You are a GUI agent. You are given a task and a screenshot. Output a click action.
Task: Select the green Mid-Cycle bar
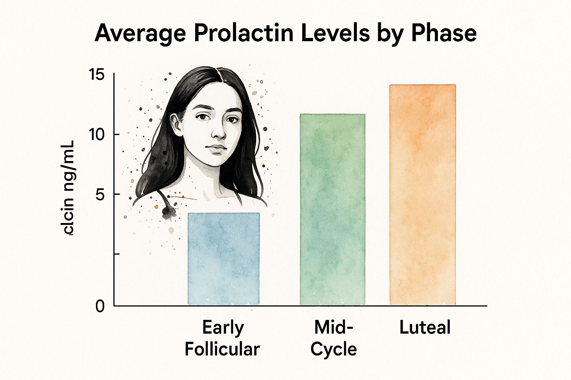[332, 209]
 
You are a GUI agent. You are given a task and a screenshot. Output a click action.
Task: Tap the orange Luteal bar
[423, 195]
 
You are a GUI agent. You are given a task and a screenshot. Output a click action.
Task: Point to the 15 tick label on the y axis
[97, 75]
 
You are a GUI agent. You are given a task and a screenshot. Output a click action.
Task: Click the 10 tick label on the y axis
[97, 135]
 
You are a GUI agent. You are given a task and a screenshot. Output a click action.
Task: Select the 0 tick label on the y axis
[100, 307]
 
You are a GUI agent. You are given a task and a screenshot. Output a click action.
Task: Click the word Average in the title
[140, 33]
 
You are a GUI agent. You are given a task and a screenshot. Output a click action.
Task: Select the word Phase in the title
[444, 33]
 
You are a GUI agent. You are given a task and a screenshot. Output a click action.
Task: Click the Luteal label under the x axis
[425, 328]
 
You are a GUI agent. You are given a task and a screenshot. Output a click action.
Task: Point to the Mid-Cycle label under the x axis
[333, 338]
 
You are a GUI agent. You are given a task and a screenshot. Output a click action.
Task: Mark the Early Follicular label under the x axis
[222, 338]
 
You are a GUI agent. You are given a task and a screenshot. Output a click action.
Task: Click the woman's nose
[219, 134]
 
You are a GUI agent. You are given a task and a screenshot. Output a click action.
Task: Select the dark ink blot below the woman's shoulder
[169, 212]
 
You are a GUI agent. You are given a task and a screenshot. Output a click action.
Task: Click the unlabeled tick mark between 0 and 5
[116, 254]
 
